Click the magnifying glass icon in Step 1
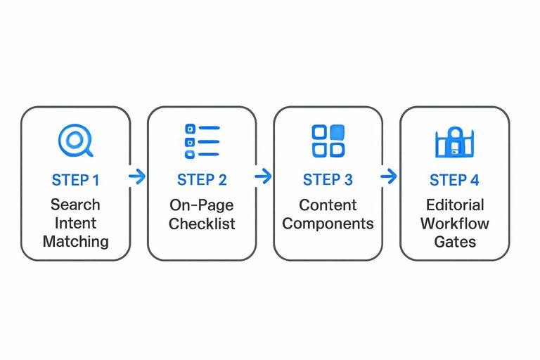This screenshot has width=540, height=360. (x=75, y=141)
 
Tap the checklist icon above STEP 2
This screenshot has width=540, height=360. (x=202, y=141)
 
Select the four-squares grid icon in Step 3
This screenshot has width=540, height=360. (x=328, y=141)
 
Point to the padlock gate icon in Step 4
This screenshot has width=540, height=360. (x=454, y=143)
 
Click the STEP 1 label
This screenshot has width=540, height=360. (x=75, y=180)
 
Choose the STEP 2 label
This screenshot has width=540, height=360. (x=202, y=180)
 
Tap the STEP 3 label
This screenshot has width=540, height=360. (x=328, y=180)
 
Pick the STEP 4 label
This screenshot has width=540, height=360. (x=454, y=180)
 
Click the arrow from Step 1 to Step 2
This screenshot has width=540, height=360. (x=138, y=176)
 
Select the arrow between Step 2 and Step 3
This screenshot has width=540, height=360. (x=264, y=176)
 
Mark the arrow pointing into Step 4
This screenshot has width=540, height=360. (x=389, y=176)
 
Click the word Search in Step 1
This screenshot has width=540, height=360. (x=75, y=205)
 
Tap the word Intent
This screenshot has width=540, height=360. (x=75, y=223)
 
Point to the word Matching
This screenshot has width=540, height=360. (x=75, y=242)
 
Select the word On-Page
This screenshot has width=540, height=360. (x=202, y=205)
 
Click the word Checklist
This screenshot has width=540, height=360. (x=202, y=224)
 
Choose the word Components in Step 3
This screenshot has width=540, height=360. (x=328, y=224)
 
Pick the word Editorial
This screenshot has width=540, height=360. (x=454, y=205)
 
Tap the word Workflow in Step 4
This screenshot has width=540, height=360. (x=454, y=224)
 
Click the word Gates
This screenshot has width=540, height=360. (x=454, y=242)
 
